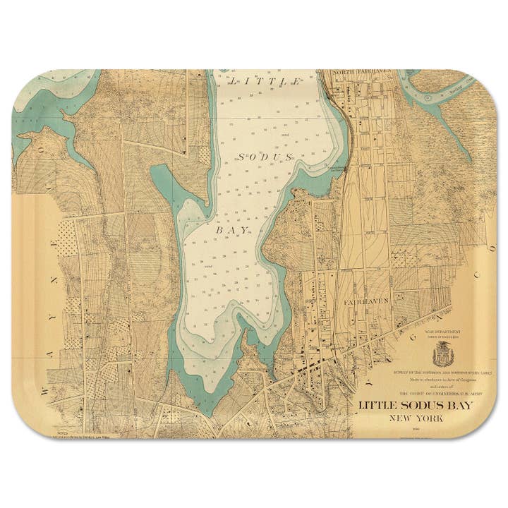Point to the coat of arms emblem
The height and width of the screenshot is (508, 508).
443,352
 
